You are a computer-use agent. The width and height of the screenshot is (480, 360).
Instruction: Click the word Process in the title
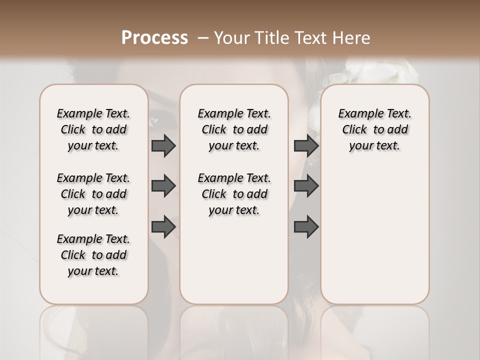tap(154, 38)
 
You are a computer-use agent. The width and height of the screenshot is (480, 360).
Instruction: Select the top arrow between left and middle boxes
tap(163, 145)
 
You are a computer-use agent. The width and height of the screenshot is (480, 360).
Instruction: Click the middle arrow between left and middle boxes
tap(163, 186)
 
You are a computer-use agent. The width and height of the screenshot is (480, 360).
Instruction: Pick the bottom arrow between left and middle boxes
tap(163, 226)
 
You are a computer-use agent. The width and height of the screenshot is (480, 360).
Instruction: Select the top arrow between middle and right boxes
tap(306, 145)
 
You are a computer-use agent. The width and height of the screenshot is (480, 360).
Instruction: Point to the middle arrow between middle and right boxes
tap(306, 186)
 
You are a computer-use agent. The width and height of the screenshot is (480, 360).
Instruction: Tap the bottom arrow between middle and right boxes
tap(306, 226)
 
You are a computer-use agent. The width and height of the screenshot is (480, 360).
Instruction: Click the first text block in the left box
tap(93, 129)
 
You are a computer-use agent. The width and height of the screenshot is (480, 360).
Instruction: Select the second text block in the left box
tap(93, 194)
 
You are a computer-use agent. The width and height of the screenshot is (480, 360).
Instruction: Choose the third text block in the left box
tap(93, 255)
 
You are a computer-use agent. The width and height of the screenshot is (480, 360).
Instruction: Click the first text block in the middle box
tap(234, 129)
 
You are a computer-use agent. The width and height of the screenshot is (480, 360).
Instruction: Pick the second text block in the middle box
tap(234, 194)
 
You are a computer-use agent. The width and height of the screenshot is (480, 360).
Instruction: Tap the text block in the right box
tap(375, 129)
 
